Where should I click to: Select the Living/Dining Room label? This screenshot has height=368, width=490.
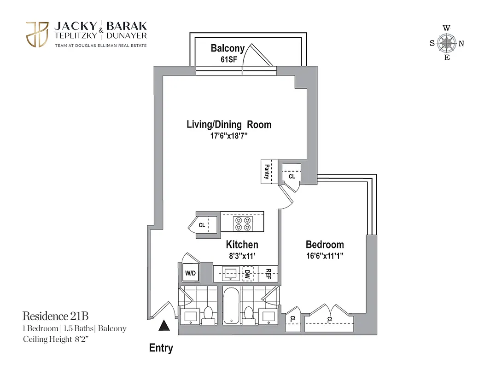pos(229,124)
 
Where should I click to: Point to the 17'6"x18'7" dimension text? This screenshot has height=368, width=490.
pos(229,136)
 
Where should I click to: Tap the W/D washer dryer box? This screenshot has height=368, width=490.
pos(190,273)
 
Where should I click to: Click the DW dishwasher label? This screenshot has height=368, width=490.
pos(247,274)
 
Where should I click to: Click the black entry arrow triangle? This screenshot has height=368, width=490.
pos(164,326)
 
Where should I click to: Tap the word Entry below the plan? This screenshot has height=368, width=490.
pos(161,348)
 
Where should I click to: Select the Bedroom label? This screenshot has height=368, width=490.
pos(325,244)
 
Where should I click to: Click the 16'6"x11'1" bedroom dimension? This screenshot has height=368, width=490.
pos(325,256)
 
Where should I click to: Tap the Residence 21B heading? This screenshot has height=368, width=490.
pos(55,316)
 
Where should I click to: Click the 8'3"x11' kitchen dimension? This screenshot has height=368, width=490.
pos(242,256)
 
